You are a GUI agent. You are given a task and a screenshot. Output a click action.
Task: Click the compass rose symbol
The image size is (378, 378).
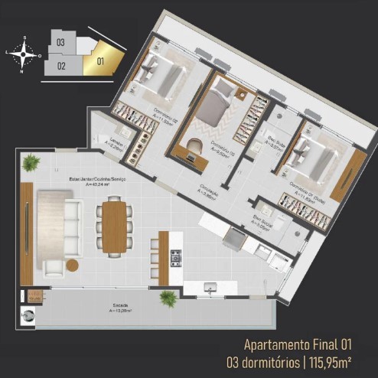27,54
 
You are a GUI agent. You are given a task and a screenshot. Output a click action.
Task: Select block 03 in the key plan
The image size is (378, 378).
60,43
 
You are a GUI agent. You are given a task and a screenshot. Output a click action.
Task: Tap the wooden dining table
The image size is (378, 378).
114,225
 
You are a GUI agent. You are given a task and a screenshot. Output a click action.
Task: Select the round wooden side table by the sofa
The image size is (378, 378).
73,265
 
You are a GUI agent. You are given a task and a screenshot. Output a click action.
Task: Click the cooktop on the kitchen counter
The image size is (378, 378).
177,256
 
